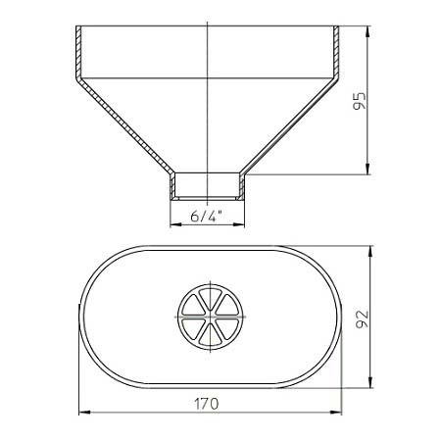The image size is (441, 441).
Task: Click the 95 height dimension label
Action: point(360,101)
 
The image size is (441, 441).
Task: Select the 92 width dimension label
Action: point(362,319)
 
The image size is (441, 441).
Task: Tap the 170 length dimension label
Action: point(207,404)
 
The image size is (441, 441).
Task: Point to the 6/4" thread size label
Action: point(206,216)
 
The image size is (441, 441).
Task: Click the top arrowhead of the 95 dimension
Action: point(367,31)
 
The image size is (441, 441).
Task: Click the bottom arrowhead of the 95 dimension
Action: point(367,169)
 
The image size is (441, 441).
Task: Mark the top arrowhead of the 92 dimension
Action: point(370,252)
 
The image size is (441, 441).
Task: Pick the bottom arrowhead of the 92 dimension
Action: point(370,382)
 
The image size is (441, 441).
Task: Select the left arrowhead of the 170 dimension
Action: point(85,413)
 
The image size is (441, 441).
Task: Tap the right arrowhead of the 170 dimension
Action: point(335,413)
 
